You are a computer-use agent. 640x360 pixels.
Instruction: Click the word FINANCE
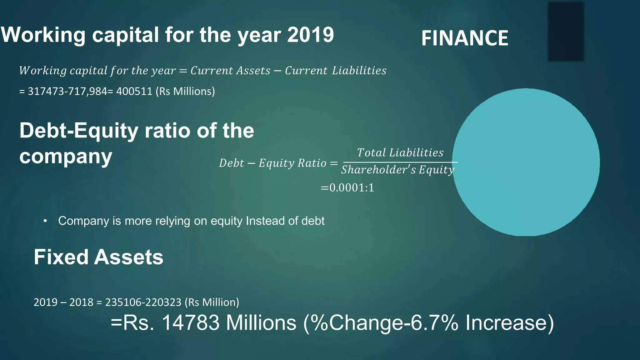tap(465, 38)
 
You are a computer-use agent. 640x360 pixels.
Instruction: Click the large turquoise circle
tap(526, 162)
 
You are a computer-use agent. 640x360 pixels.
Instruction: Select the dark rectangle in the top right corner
tap(566, 31)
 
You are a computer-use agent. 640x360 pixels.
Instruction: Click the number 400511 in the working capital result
tap(134, 91)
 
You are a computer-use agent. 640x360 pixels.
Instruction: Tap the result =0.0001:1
tap(347, 188)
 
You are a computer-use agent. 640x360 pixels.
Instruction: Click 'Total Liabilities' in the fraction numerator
tap(400, 152)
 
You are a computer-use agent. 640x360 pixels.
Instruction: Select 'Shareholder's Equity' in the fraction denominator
tap(397, 170)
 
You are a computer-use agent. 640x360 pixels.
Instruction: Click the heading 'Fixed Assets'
tap(98, 257)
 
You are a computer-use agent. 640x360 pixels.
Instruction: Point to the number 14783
tap(191, 323)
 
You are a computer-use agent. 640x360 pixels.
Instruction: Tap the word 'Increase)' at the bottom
tap(509, 323)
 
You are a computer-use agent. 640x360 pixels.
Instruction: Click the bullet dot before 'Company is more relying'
tap(45, 221)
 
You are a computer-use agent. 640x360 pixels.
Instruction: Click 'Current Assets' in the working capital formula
tap(230, 71)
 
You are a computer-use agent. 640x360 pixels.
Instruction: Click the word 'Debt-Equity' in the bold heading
tap(79, 130)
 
